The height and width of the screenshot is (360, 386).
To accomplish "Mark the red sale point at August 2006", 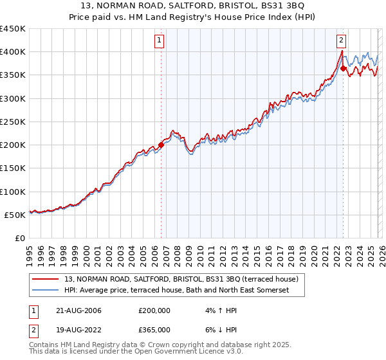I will tap(161, 145).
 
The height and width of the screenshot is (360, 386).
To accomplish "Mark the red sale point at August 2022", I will tap(343, 68).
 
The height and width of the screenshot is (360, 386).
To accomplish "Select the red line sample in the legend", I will tap(46, 280).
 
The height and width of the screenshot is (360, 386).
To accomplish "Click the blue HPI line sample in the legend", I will tap(46, 291).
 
